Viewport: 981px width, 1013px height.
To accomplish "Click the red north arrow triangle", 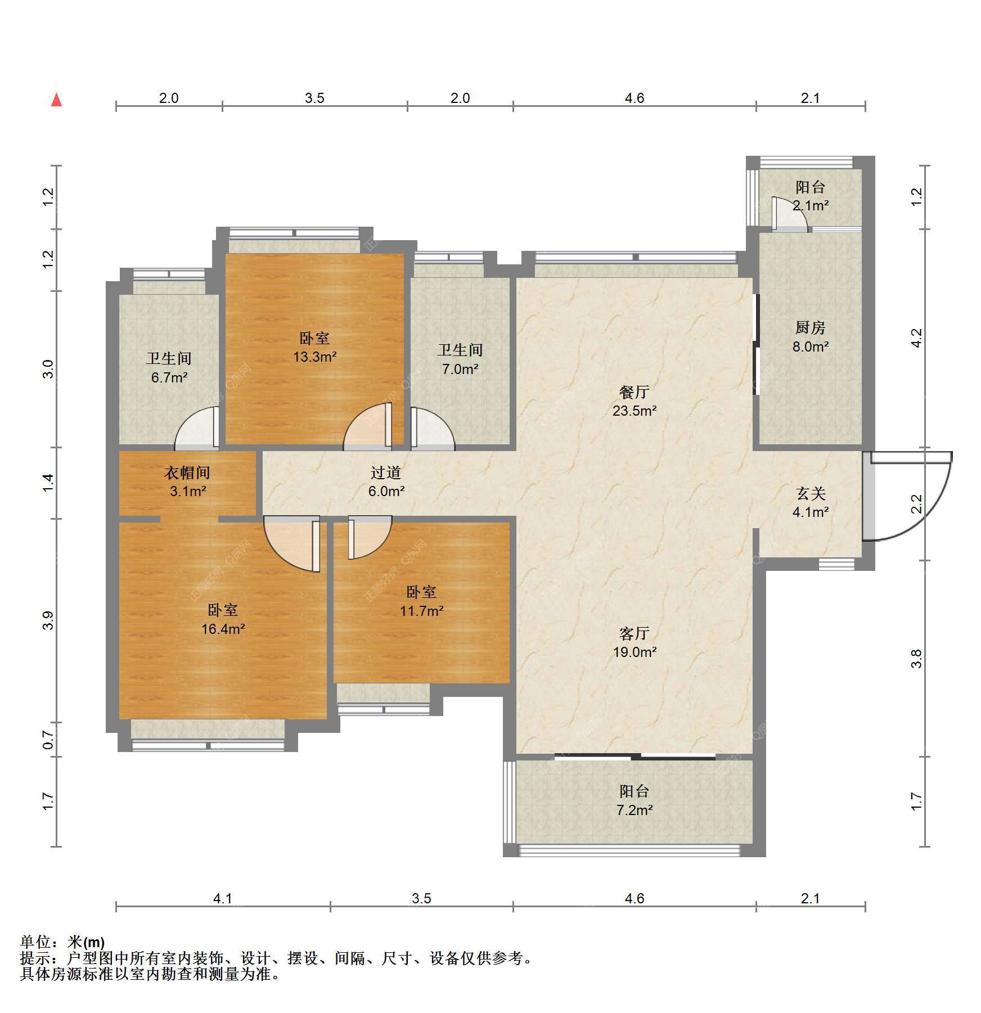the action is (x=56, y=100).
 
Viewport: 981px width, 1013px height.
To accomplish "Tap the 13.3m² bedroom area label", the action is (x=314, y=357).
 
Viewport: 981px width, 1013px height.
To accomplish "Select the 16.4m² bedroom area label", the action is (x=223, y=629).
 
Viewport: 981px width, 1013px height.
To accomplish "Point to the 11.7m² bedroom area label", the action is (x=421, y=611).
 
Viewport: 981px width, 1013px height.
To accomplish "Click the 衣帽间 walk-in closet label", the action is (x=187, y=472).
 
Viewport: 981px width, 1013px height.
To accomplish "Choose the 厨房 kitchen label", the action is (x=810, y=327).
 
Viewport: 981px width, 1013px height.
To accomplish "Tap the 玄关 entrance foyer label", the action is (x=811, y=494).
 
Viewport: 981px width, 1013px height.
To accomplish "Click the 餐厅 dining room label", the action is (x=634, y=392).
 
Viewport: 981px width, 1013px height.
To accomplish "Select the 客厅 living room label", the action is (x=634, y=634).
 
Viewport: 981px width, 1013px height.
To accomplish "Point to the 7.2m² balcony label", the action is (x=634, y=811).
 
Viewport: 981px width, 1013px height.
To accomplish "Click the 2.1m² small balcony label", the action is (x=811, y=206).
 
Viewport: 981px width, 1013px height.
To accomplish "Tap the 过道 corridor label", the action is (x=386, y=472).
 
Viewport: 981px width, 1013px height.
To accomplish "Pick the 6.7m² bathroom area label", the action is (x=169, y=378).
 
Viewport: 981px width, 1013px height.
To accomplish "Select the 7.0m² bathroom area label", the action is (x=460, y=370).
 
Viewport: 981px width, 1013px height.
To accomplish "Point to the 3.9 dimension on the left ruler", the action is (x=48, y=620).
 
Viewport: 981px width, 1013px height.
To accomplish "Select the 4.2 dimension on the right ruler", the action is (x=917, y=338).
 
